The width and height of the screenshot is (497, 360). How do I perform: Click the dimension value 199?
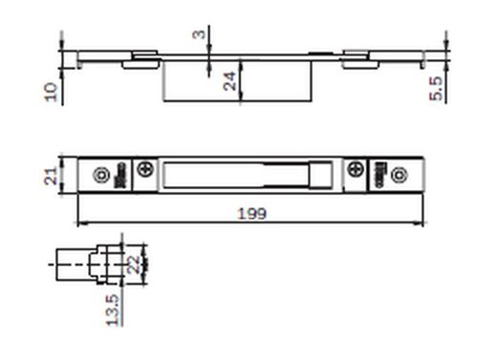point(251,214)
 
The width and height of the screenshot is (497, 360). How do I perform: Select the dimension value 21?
point(51,176)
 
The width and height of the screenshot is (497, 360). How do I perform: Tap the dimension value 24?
point(229,81)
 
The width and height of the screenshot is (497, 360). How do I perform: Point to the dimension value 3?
point(199,33)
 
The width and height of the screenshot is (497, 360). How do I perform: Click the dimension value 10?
point(51,92)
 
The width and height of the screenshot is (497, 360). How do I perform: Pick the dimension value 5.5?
point(436,89)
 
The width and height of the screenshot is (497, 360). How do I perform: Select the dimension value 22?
point(134,265)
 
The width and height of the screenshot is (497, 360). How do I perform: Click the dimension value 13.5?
point(113,310)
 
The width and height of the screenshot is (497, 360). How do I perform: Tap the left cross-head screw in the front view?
point(145,168)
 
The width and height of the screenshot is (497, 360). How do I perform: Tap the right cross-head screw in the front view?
point(356,169)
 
